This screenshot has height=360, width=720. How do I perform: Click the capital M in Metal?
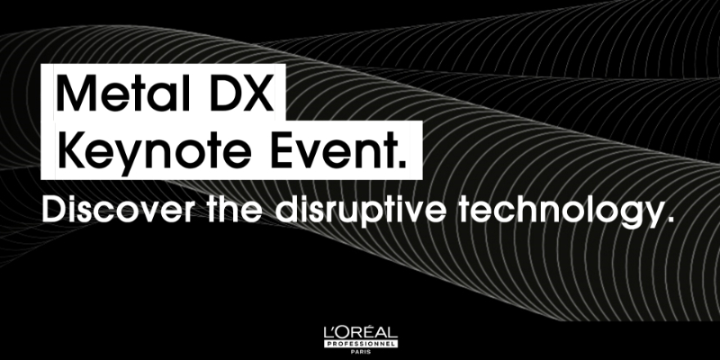click(x=74, y=94)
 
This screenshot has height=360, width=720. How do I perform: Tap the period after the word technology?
click(x=670, y=221)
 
